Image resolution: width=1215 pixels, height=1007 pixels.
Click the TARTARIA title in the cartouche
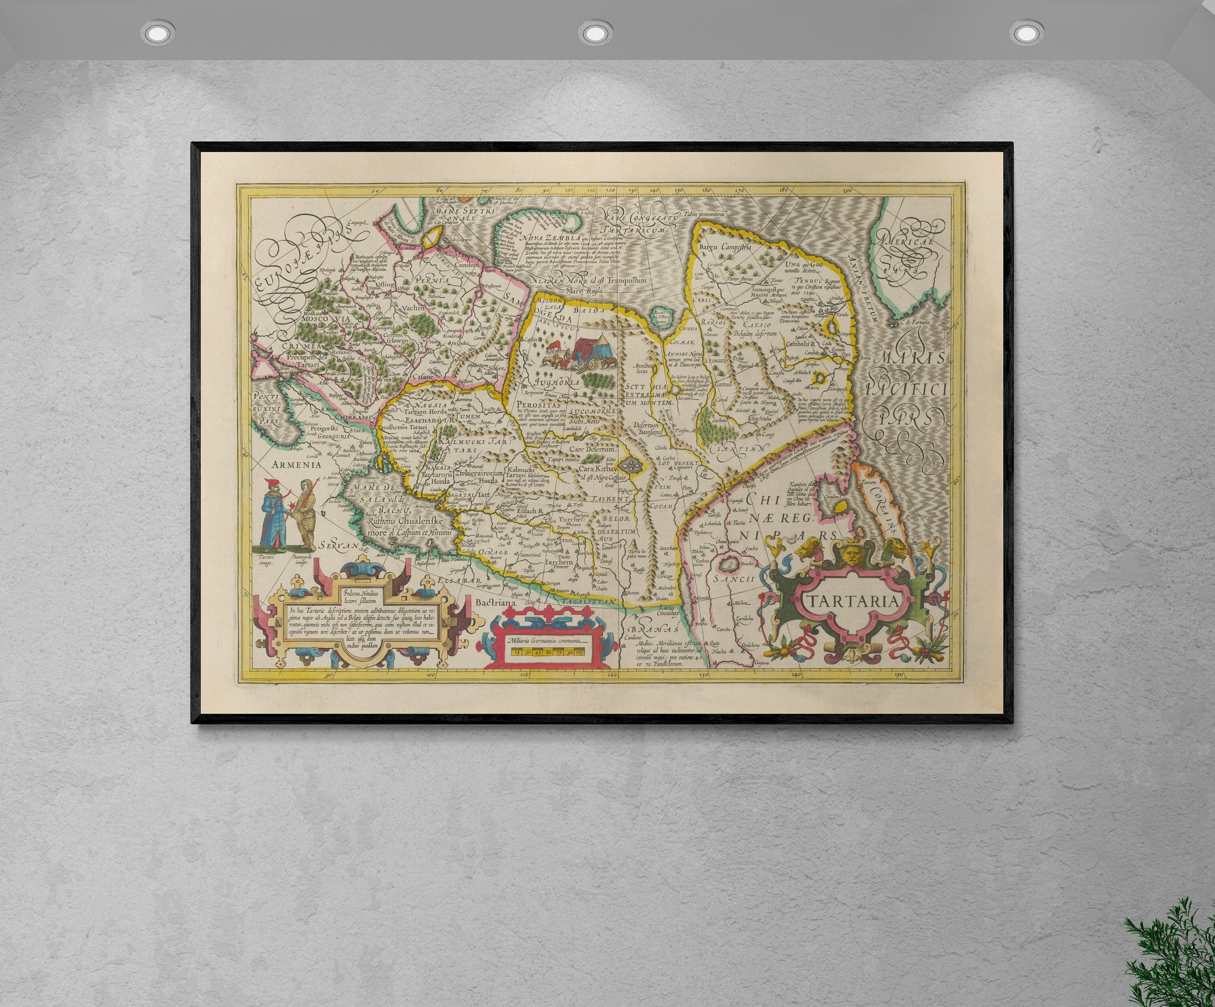853,601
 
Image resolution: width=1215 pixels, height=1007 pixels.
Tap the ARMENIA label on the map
296,464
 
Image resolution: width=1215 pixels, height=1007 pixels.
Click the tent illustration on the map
590,350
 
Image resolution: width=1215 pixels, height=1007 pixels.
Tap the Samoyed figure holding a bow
305,514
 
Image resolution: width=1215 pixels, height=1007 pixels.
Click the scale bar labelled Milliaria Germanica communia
547,647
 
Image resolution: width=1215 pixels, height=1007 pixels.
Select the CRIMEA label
301,346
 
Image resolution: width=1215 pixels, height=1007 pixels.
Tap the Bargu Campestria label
725,247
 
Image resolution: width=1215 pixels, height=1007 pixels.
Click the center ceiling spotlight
594,32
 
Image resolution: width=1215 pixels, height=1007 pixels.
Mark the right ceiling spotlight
1027,32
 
